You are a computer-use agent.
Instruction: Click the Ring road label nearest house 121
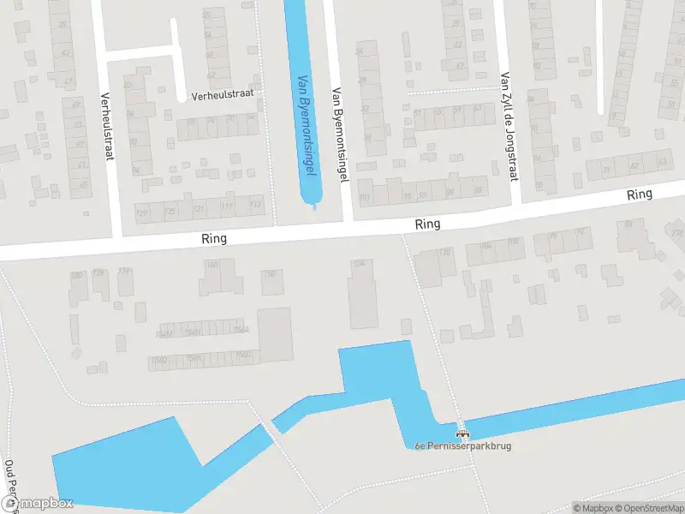(x=214, y=239)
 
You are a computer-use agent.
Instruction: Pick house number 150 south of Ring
(x=271, y=274)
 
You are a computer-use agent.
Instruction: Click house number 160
(x=213, y=264)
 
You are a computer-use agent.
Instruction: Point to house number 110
(x=444, y=252)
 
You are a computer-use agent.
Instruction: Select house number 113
(x=254, y=204)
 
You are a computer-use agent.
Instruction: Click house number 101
(x=365, y=198)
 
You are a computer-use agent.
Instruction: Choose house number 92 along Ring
(x=583, y=233)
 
